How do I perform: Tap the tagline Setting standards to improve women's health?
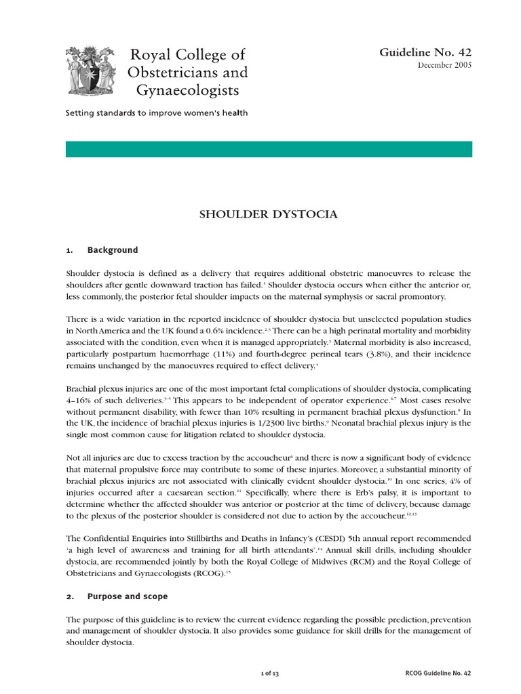(157, 113)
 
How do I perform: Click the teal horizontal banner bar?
(269, 149)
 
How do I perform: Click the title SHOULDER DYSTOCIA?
(268, 215)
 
